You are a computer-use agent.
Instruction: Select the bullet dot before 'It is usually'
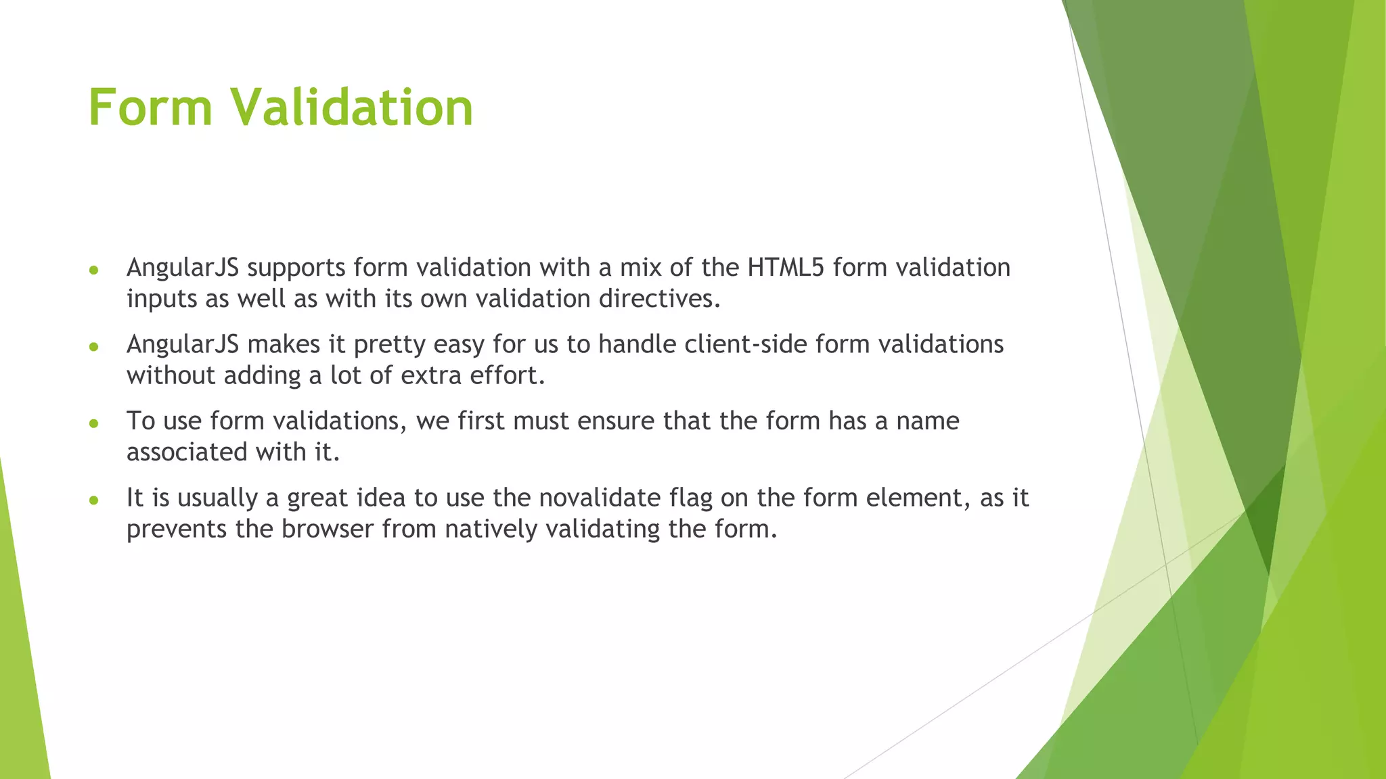click(x=94, y=500)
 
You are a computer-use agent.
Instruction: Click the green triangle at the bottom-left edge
click(x=20, y=676)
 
